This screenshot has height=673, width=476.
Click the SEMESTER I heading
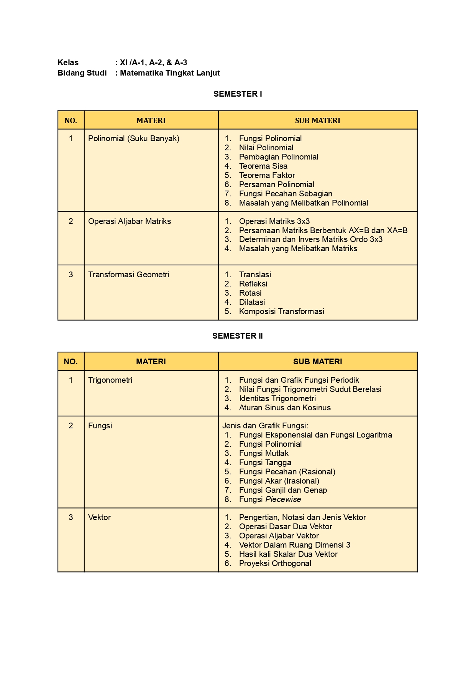pyautogui.click(x=238, y=94)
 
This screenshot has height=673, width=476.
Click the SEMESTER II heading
pyautogui.click(x=238, y=336)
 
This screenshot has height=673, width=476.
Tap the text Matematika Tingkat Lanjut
pyautogui.click(x=170, y=73)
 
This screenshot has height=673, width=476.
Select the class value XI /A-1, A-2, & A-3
pyautogui.click(x=153, y=63)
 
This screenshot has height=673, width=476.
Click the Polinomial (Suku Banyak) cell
pyautogui.click(x=134, y=138)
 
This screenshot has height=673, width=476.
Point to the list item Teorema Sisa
pyautogui.click(x=263, y=166)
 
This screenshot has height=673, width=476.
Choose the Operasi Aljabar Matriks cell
pyautogui.click(x=130, y=221)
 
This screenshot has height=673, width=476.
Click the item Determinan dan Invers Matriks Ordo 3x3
pyautogui.click(x=310, y=239)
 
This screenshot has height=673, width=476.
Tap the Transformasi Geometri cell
pyautogui.click(x=128, y=275)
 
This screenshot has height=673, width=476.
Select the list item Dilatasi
pyautogui.click(x=252, y=302)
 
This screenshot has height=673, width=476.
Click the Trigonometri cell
pyautogui.click(x=110, y=380)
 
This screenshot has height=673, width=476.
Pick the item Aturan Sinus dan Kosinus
pyautogui.click(x=285, y=408)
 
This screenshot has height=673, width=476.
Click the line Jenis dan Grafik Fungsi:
pyautogui.click(x=265, y=426)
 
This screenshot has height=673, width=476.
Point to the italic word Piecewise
pyautogui.click(x=283, y=499)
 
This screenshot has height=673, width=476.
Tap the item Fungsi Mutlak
pyautogui.click(x=264, y=453)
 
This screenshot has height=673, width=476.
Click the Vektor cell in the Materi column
pyautogui.click(x=99, y=517)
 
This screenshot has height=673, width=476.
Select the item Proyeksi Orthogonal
pyautogui.click(x=275, y=563)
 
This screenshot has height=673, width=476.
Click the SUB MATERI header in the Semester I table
pyautogui.click(x=317, y=120)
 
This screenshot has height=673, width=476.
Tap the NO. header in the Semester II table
pyautogui.click(x=71, y=362)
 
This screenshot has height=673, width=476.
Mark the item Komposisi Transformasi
pyautogui.click(x=281, y=311)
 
